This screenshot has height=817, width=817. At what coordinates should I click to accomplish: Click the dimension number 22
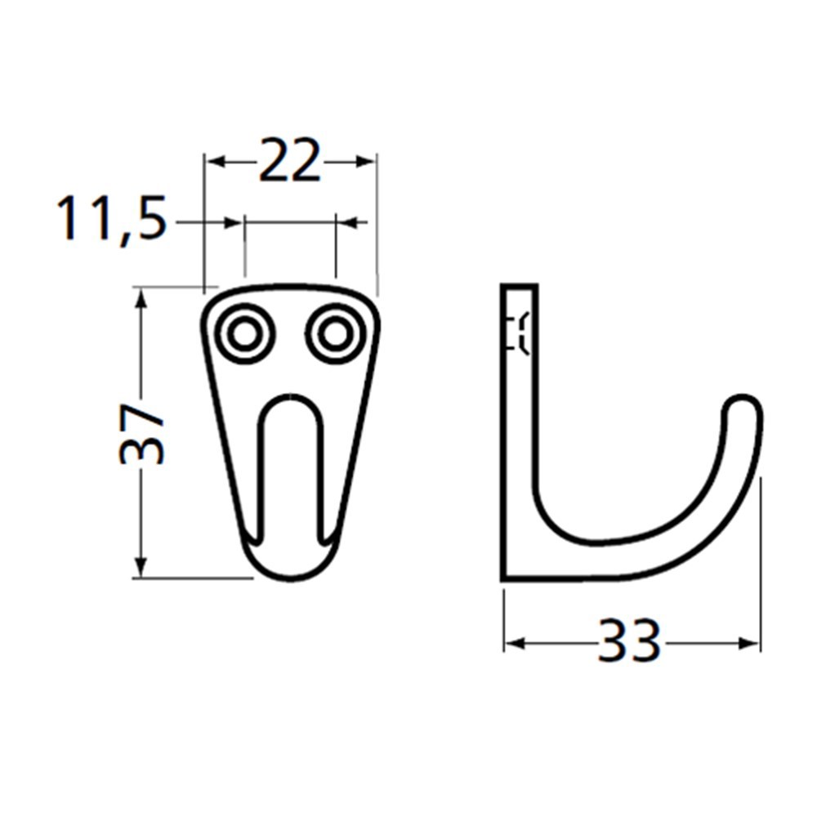pos(289,163)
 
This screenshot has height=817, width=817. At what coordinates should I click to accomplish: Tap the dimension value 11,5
pos(112,220)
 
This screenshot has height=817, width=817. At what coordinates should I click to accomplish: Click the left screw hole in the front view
pos(243,333)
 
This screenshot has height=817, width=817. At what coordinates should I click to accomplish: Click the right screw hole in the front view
pos(333,333)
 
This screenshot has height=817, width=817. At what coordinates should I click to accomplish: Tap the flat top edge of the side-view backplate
pos(519,286)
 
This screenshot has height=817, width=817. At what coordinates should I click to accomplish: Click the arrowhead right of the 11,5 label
pos(234,221)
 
